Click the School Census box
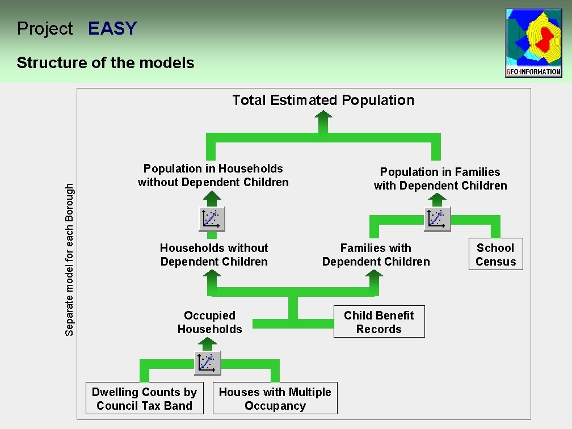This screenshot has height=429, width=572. point(495,254)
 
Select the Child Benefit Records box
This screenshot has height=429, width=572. point(378,322)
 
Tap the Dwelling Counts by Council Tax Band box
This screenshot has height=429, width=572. point(144,398)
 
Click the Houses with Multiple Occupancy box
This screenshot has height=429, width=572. point(275,398)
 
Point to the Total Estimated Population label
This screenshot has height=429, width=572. point(323,100)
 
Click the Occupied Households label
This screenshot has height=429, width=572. point(209,322)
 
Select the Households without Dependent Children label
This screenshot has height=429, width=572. point(213,255)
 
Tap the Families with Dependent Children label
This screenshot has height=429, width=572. point(376,255)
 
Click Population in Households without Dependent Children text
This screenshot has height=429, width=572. point(213,175)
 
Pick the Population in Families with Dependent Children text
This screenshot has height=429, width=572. point(440,179)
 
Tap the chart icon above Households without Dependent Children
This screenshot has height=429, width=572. point(212,219)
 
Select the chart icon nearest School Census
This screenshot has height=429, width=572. point(438,219)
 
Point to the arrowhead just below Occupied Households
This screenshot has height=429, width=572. point(208,342)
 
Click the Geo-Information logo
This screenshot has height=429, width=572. point(533,43)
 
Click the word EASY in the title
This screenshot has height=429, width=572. point(112,28)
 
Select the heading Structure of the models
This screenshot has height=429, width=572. point(106,62)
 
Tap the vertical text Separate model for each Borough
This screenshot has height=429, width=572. point(69,259)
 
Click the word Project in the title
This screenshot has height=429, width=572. point(45,28)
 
